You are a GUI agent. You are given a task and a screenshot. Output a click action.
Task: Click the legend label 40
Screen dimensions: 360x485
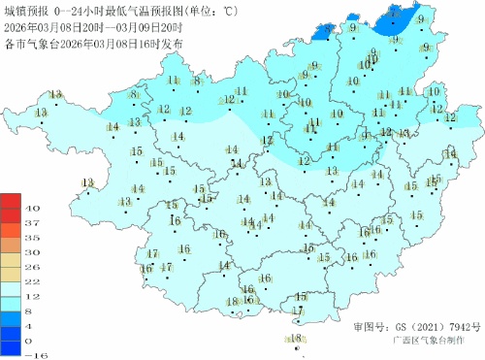[31, 209]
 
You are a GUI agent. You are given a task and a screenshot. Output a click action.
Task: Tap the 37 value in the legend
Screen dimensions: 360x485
[31, 223]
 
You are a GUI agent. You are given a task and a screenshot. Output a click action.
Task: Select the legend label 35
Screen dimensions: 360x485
[31, 238]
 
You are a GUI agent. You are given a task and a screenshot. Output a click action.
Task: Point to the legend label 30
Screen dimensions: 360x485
[31, 252]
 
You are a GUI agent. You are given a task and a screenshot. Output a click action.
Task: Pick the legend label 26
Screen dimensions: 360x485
[31, 267]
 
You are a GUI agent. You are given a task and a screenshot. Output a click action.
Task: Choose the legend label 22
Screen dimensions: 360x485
[31, 281]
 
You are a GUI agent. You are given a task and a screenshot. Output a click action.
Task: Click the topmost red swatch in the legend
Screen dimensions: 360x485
[9, 201]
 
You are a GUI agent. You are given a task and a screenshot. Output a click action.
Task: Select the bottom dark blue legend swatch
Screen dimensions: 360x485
[9, 347]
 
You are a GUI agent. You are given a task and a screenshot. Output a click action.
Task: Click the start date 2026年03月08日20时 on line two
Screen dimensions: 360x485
[51, 29]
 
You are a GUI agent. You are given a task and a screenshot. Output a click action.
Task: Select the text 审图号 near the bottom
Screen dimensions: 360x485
[370, 327]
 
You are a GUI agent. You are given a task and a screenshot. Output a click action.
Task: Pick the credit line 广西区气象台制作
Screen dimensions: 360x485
[426, 342]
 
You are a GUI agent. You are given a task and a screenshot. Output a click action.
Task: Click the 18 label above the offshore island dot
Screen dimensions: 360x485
[296, 338]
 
